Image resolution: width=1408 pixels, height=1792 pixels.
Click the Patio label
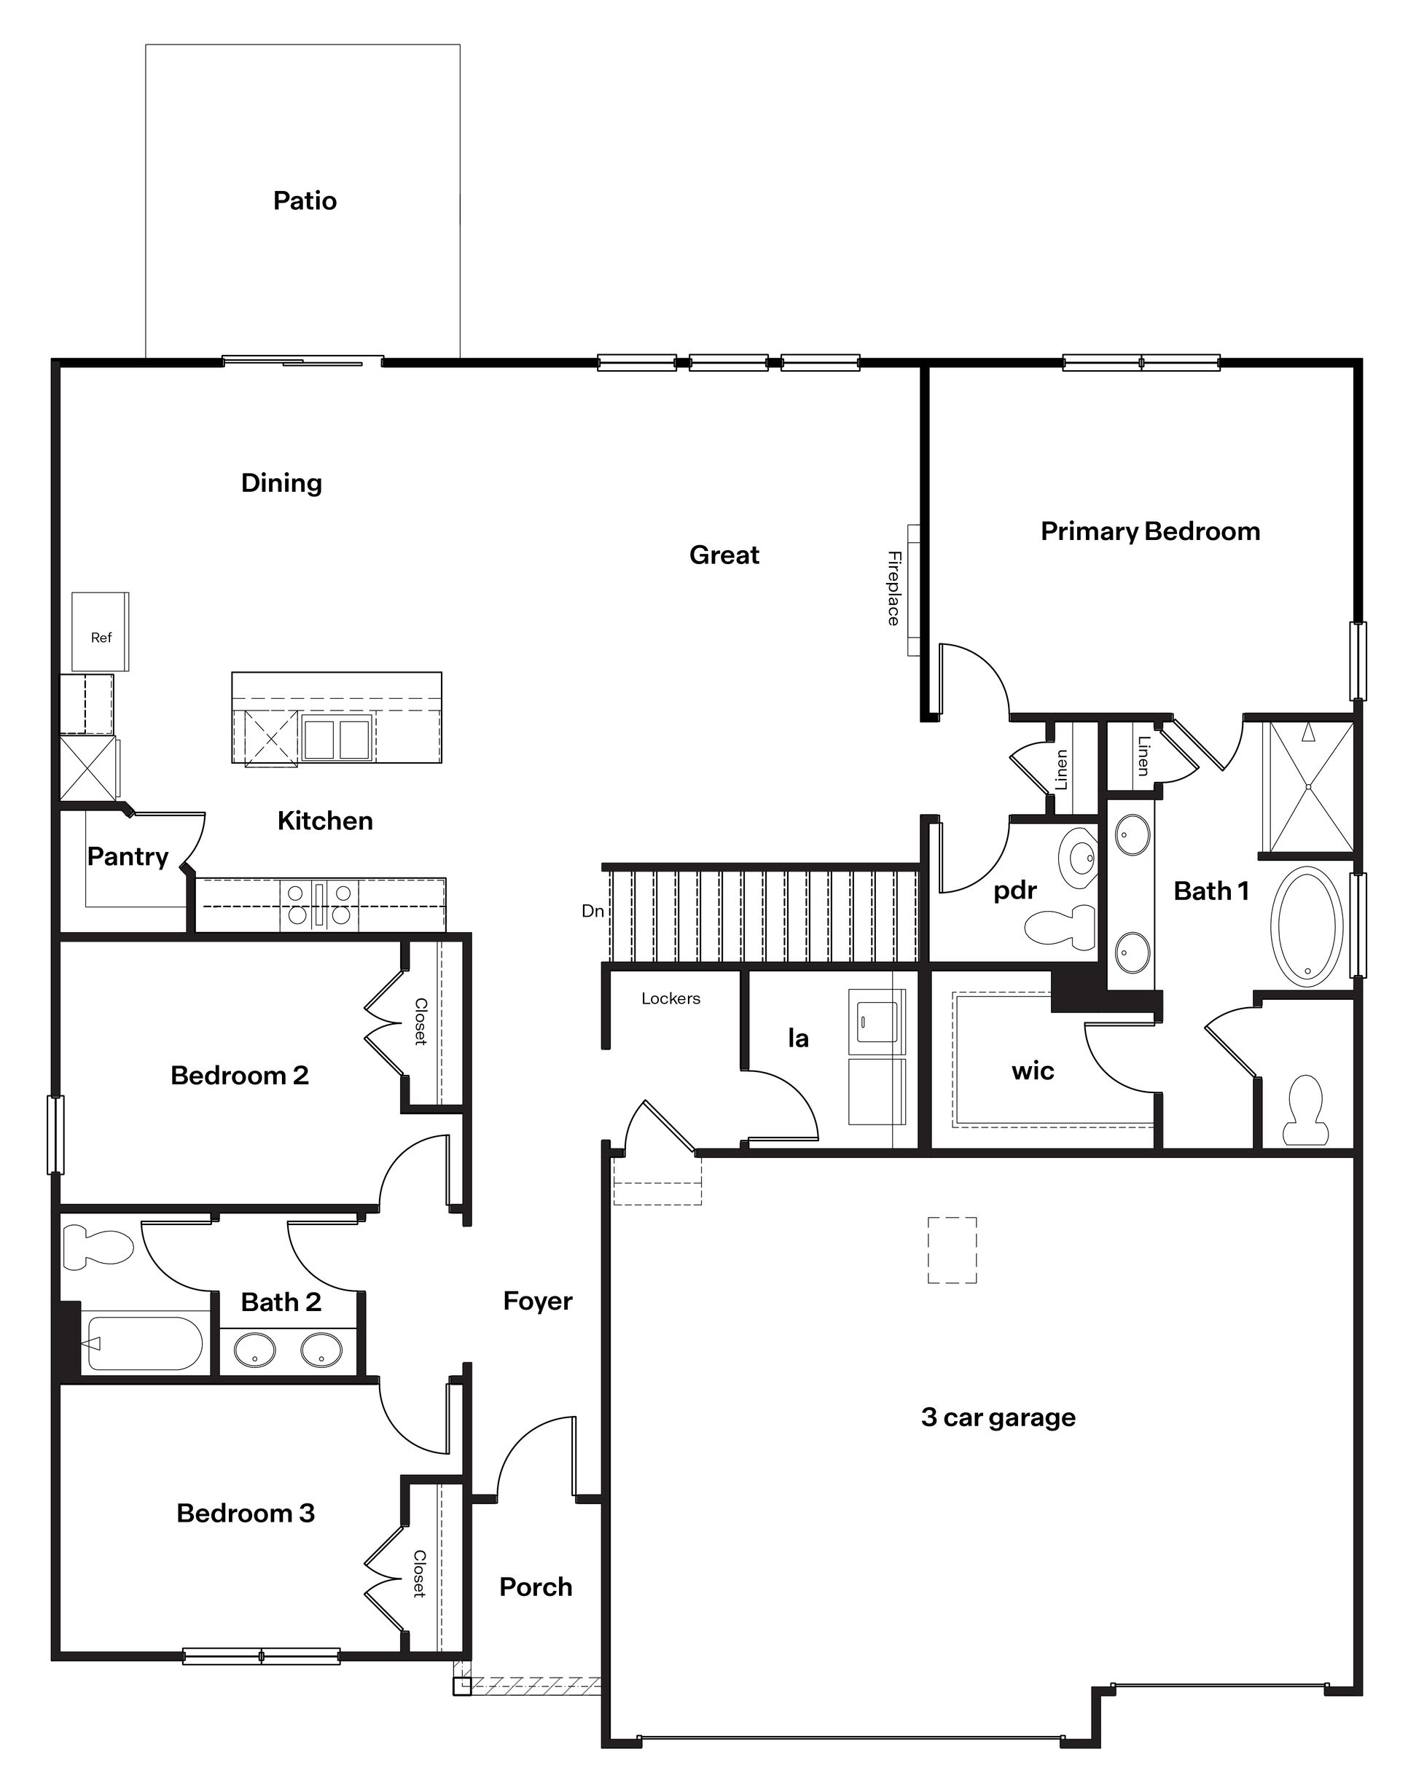pos(305,201)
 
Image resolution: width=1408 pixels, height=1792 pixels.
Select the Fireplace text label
pos(893,589)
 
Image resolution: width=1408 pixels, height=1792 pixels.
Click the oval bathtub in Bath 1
pos(1307,925)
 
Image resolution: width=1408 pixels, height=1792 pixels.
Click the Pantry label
pos(128,856)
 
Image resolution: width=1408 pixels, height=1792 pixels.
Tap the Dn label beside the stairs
pos(592,912)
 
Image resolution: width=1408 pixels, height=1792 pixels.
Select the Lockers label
pos(670,999)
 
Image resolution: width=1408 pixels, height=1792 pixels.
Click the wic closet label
pos(1033,1071)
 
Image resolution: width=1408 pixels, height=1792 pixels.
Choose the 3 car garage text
pos(998,1417)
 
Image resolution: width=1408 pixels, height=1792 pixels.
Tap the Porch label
pos(536,1586)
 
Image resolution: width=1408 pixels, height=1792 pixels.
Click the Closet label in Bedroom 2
pos(421,1022)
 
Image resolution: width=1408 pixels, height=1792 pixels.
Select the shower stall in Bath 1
pos(1308,786)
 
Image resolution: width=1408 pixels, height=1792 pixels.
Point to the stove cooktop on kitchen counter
pos(319,904)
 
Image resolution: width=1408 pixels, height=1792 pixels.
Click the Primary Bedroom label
pos(1150,532)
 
